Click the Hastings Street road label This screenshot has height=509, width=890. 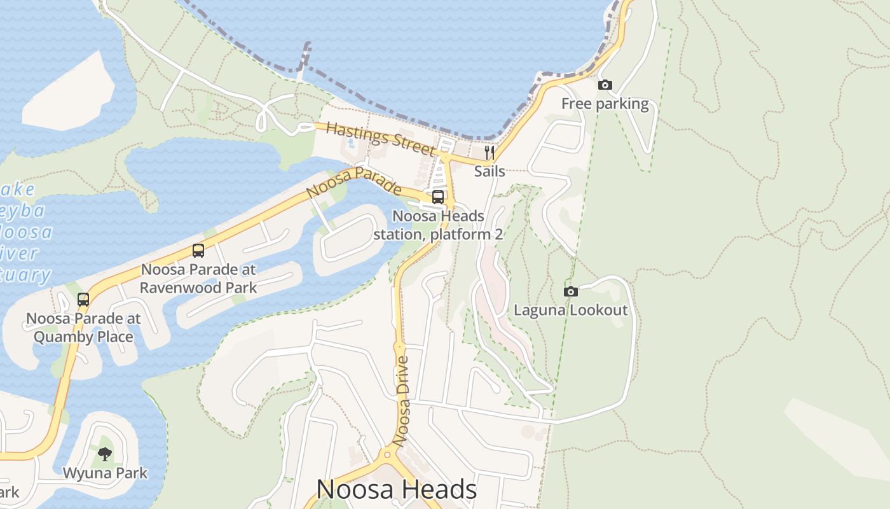380,138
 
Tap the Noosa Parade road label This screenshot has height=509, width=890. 353,182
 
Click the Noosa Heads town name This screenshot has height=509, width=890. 396,489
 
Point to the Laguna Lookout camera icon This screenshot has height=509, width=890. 571,291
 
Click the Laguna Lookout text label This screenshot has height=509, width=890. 570,310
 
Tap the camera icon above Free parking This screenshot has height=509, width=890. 605,85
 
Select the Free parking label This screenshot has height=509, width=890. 605,104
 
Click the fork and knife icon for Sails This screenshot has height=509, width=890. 489,153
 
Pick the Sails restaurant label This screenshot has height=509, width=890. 489,171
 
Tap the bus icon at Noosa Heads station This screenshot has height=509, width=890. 438,197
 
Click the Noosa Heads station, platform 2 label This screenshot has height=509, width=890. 438,225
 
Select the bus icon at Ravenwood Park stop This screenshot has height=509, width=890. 198,251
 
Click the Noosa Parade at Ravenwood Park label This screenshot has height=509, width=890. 198,278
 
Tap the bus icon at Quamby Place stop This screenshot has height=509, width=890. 83,300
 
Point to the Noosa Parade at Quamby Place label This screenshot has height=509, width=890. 83,327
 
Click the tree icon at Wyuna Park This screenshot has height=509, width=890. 105,454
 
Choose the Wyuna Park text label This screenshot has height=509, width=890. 105,473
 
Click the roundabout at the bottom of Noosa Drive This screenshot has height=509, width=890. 387,454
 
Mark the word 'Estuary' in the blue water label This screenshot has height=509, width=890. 25,275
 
